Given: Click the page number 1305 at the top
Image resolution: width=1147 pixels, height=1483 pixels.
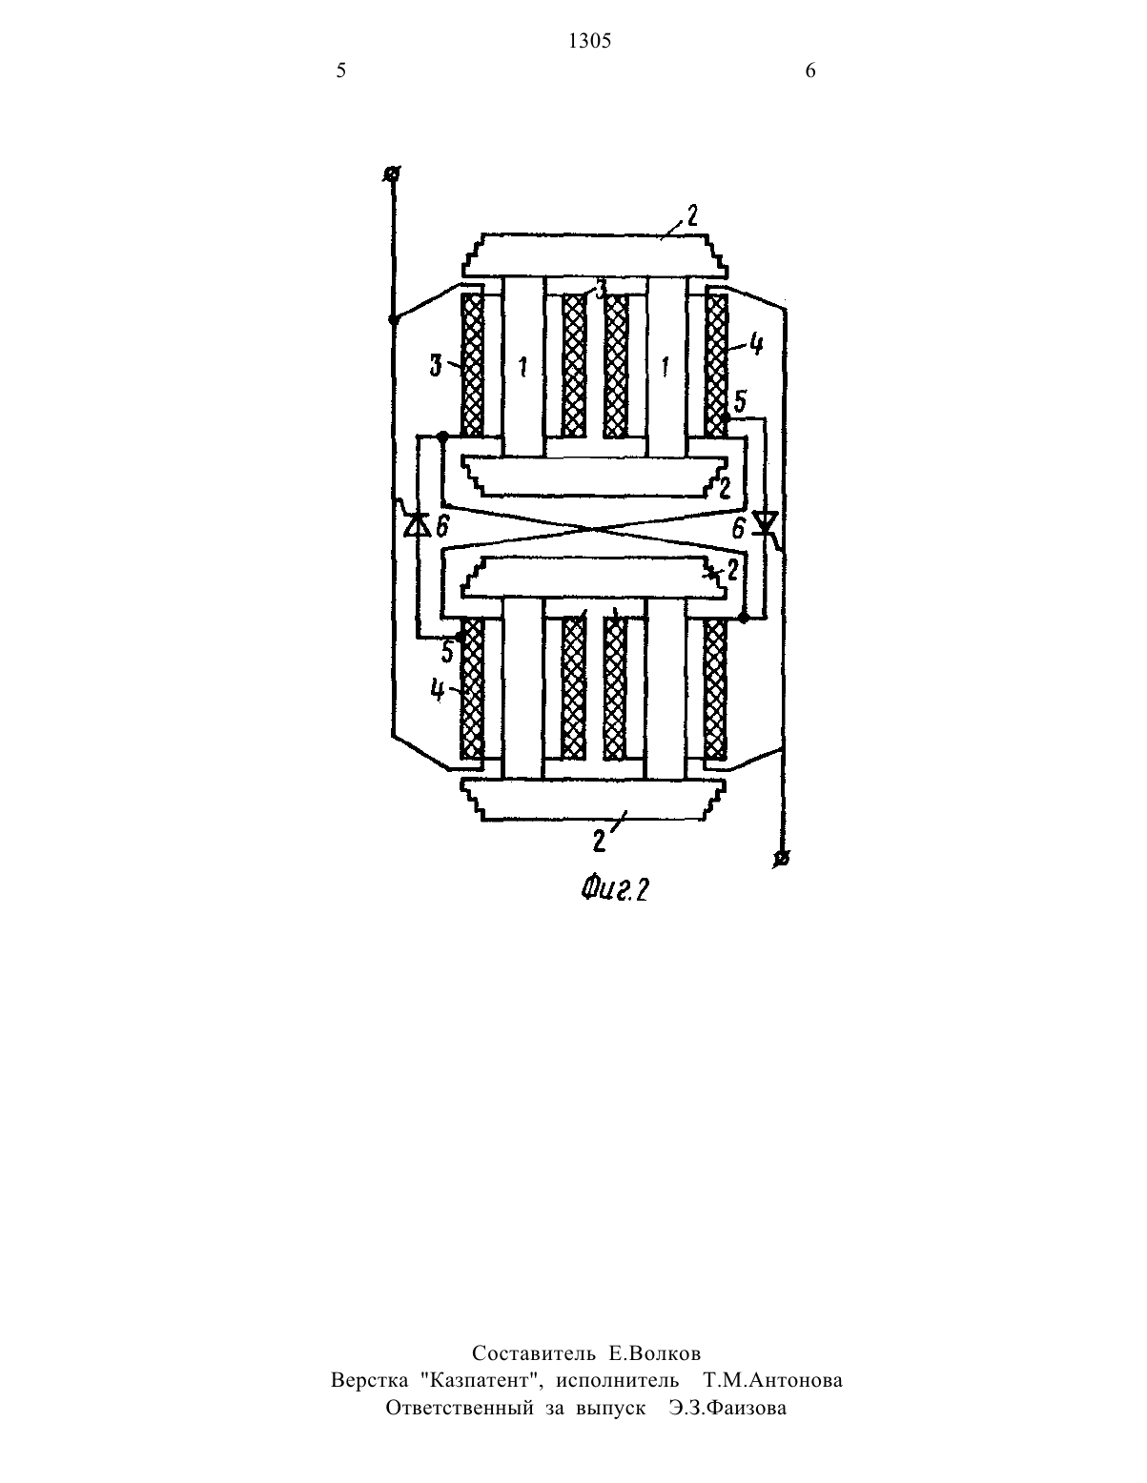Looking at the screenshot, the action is (x=590, y=42).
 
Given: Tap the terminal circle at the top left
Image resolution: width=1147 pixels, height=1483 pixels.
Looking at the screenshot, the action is (x=392, y=174).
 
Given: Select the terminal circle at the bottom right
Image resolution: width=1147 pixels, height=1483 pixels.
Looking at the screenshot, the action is (x=783, y=859).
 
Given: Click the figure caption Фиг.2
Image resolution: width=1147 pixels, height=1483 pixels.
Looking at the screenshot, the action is (x=614, y=890).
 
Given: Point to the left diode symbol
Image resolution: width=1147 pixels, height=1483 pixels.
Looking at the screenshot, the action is (x=417, y=524).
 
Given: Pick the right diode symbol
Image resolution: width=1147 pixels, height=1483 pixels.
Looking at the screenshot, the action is (x=766, y=523).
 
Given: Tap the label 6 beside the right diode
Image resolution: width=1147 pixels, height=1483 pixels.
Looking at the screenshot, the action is (x=739, y=528).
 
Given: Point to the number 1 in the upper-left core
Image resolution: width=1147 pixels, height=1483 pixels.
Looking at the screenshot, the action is (x=523, y=367).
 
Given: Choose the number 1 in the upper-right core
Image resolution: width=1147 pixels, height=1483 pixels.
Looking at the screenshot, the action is (x=665, y=367).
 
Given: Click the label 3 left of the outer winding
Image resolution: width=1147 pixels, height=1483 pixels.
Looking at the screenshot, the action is (x=436, y=367).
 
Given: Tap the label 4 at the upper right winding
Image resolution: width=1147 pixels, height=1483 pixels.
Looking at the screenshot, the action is (x=756, y=344).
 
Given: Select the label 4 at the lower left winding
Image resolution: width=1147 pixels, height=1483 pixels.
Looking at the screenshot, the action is (x=438, y=690).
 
